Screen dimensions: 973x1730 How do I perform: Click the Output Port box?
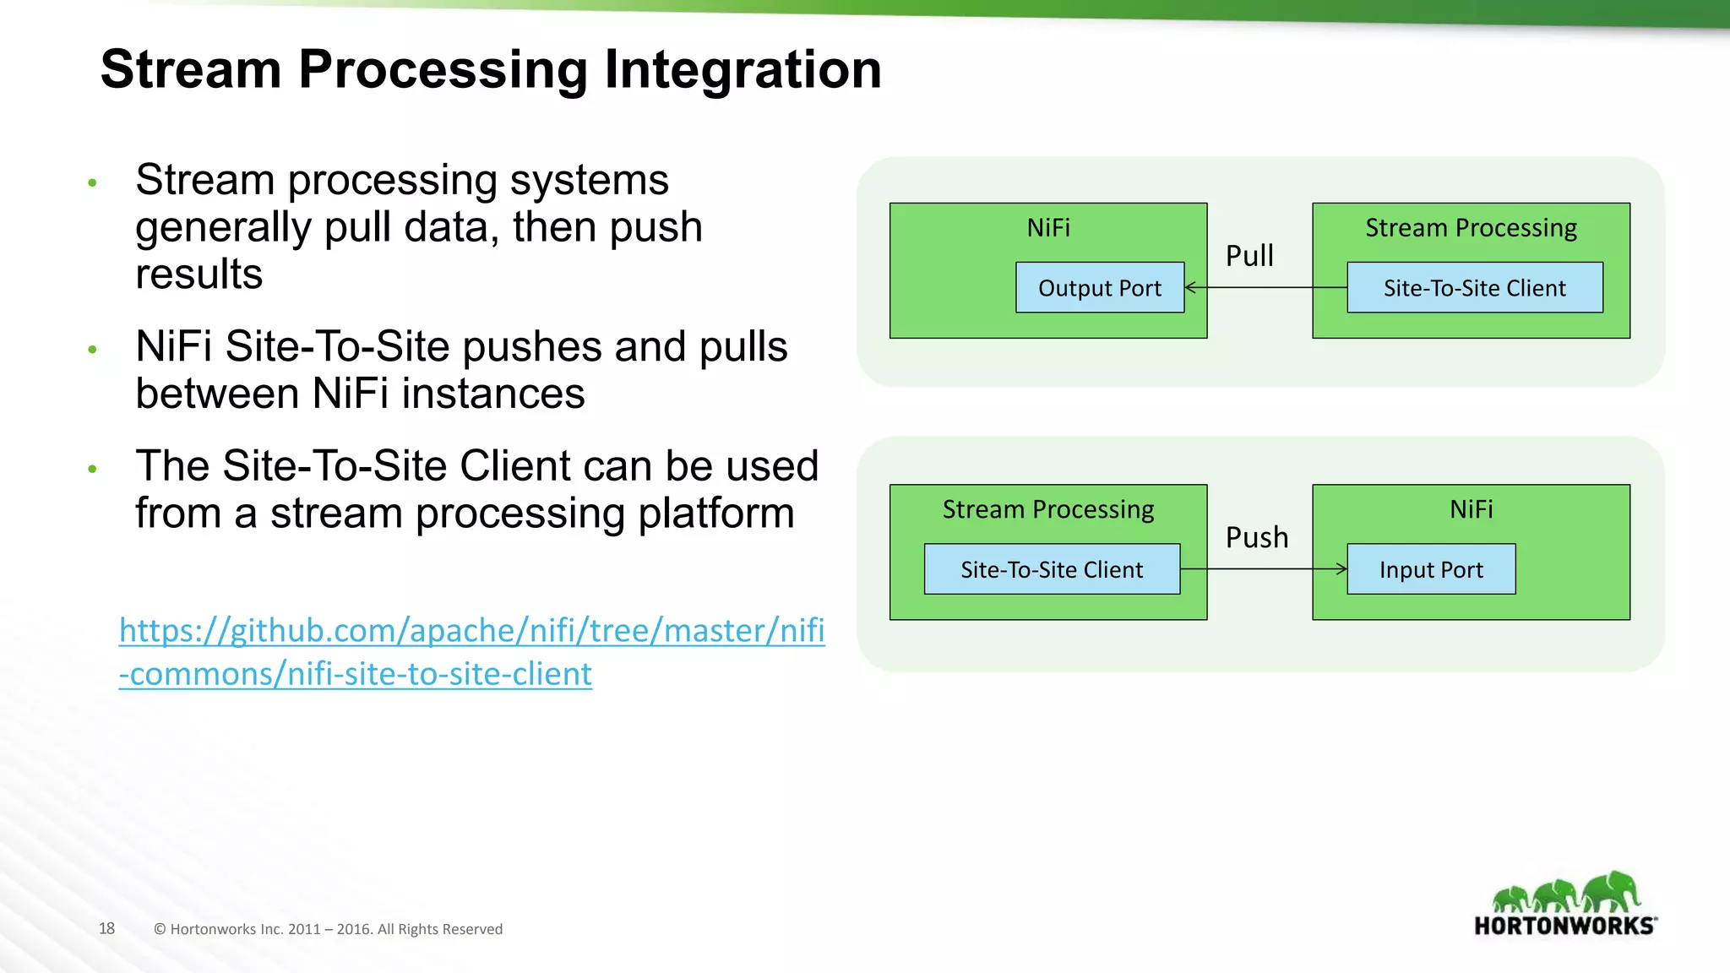pyautogui.click(x=1099, y=288)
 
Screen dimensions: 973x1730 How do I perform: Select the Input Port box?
pyautogui.click(x=1430, y=570)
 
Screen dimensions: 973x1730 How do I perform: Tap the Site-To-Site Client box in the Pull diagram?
pyautogui.click(x=1474, y=288)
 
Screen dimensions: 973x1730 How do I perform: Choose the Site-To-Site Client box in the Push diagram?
pyautogui.click(x=1052, y=570)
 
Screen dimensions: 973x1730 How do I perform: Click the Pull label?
pyautogui.click(x=1249, y=256)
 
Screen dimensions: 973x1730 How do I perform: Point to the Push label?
pyautogui.click(x=1257, y=537)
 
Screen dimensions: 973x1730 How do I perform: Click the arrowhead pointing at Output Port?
pyautogui.click(x=1191, y=288)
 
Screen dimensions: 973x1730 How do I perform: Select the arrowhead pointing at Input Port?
pyautogui.click(x=1341, y=569)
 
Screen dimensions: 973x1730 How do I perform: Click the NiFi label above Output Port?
pyautogui.click(x=1048, y=228)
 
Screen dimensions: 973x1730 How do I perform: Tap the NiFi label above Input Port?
pyautogui.click(x=1471, y=509)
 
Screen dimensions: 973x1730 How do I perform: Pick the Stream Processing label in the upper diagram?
pyautogui.click(x=1471, y=228)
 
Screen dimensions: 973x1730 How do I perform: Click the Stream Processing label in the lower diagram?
pyautogui.click(x=1048, y=509)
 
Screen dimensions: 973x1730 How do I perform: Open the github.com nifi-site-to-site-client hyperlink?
pyautogui.click(x=471, y=652)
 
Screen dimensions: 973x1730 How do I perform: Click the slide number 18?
pyautogui.click(x=106, y=929)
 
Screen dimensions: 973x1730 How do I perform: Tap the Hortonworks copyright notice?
pyautogui.click(x=328, y=929)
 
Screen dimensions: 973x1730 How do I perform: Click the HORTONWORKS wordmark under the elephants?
pyautogui.click(x=1564, y=926)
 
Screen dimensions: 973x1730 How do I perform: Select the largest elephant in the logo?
pyautogui.click(x=1611, y=891)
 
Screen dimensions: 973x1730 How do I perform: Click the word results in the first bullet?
pyautogui.click(x=199, y=275)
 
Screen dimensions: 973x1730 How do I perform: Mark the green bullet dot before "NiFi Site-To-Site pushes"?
pyautogui.click(x=92, y=349)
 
